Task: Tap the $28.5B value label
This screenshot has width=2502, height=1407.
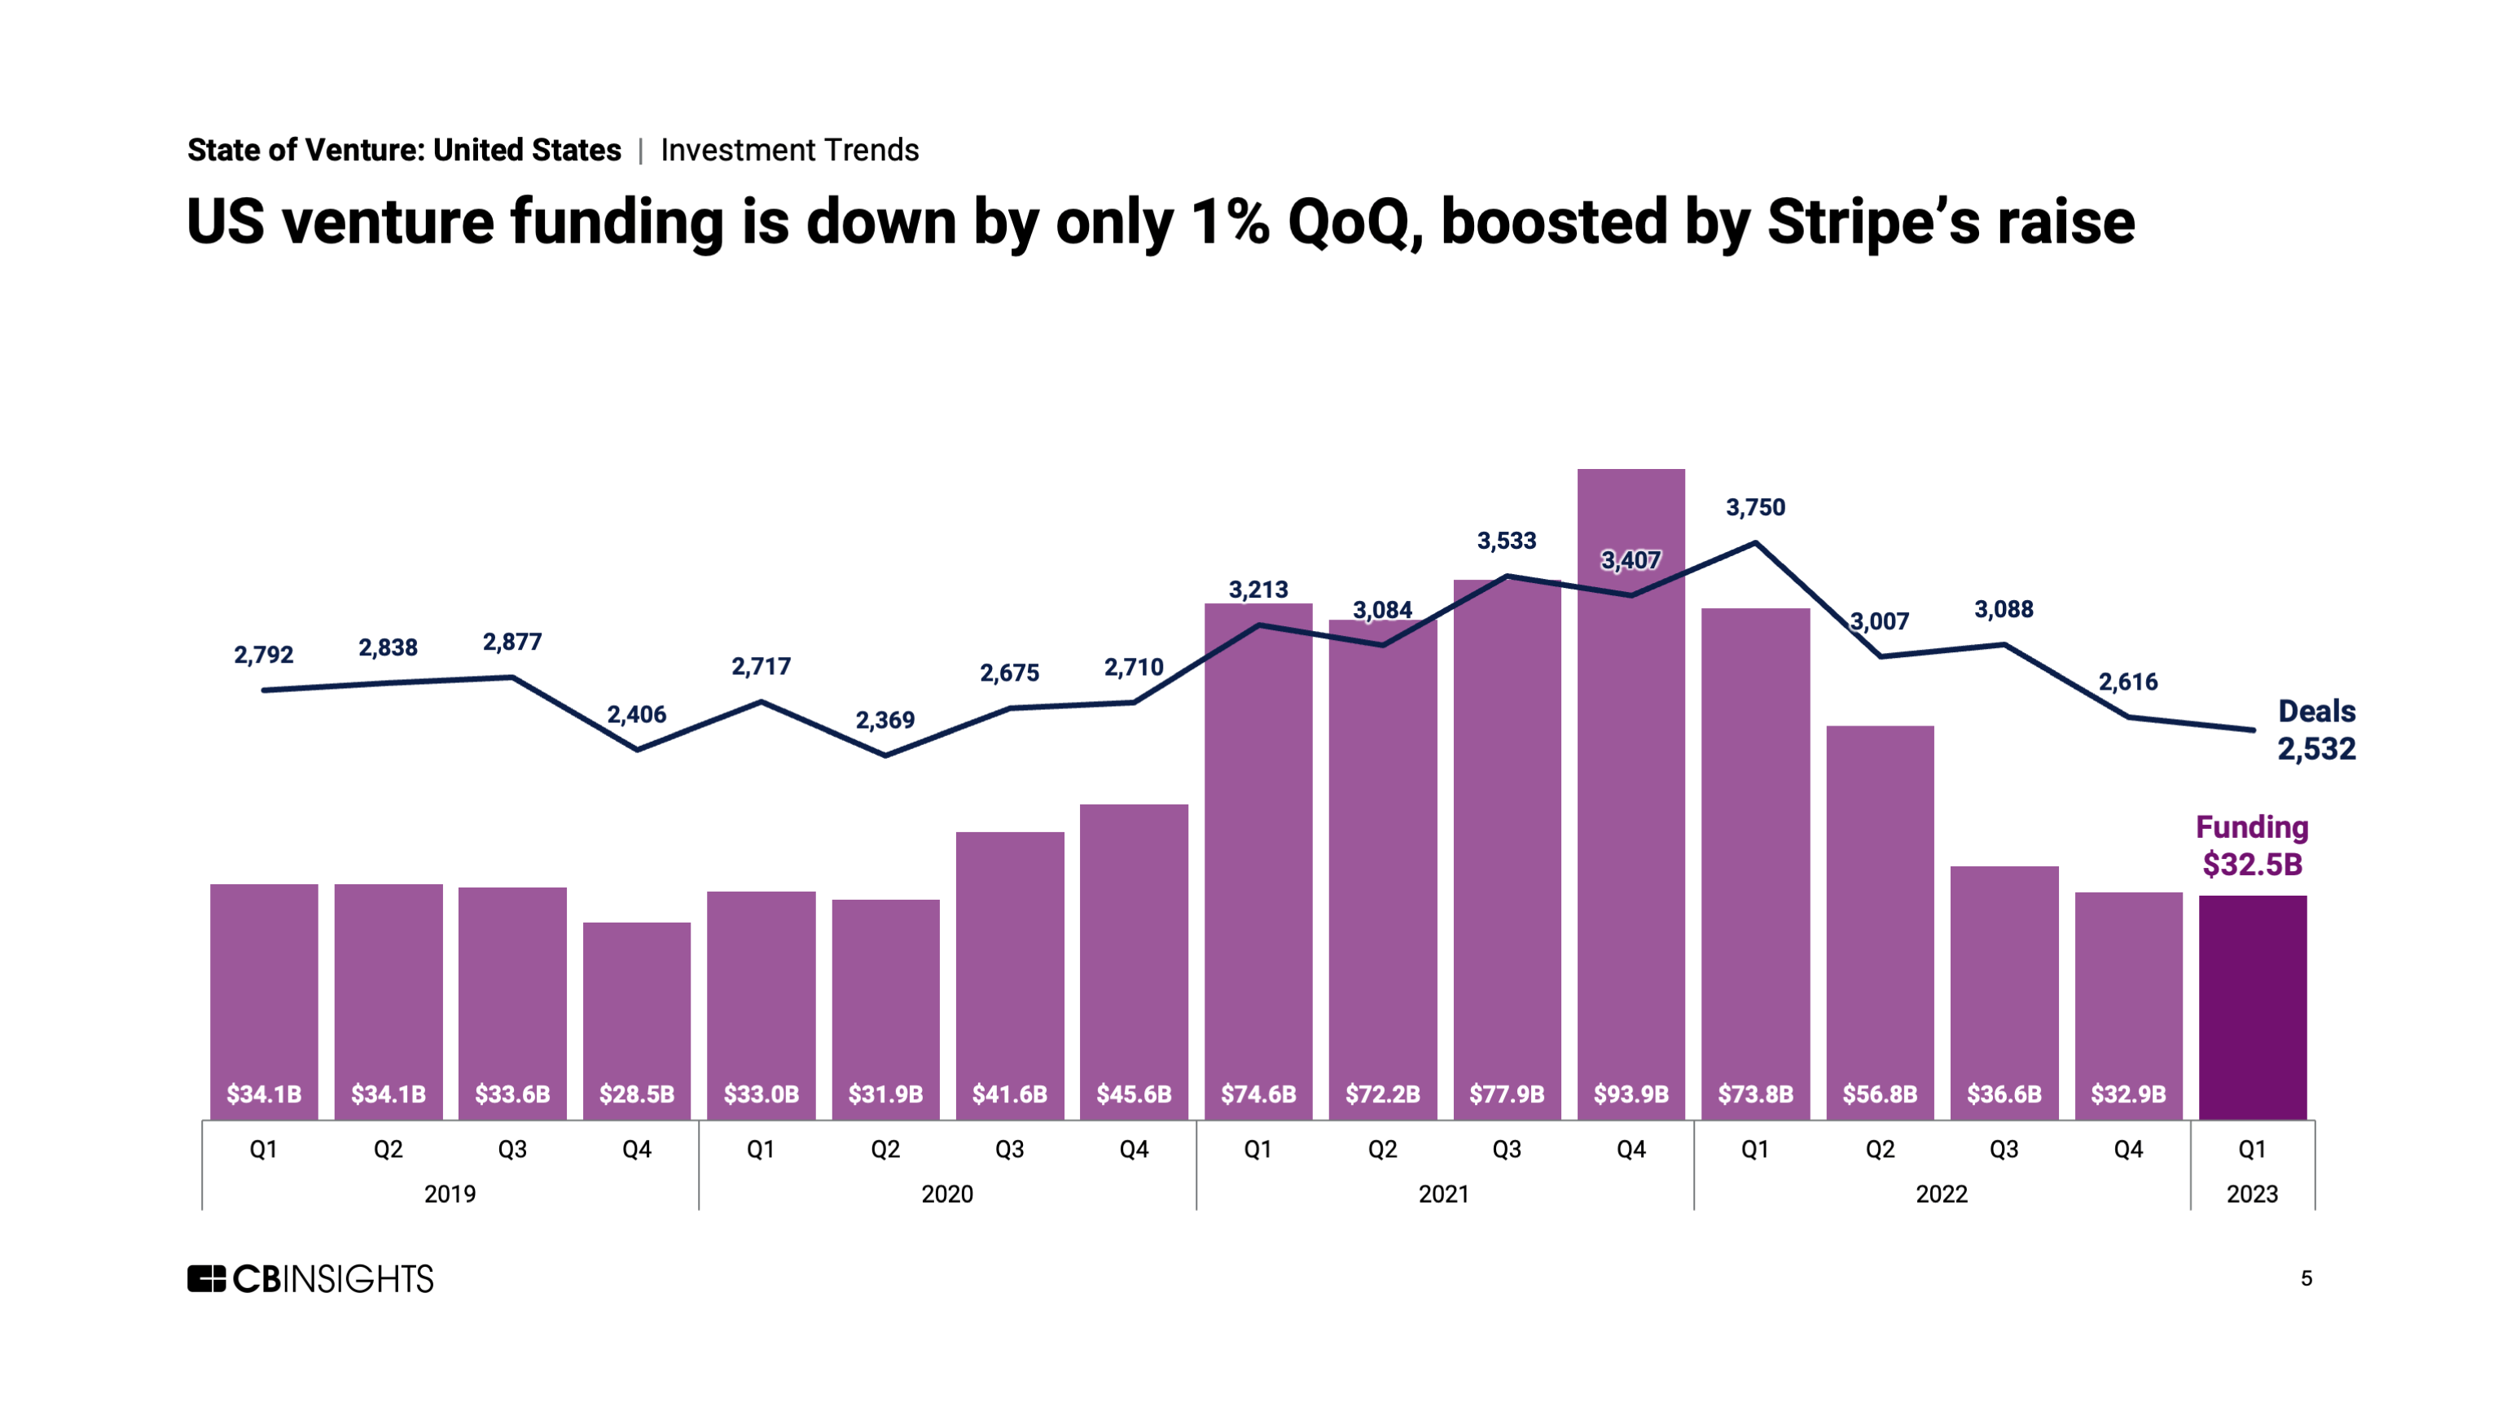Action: pyautogui.click(x=636, y=1094)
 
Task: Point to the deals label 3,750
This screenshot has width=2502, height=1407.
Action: pyautogui.click(x=1755, y=507)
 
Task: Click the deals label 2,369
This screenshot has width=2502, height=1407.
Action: pyautogui.click(x=884, y=720)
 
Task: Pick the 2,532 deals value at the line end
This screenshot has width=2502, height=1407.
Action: pyautogui.click(x=2316, y=748)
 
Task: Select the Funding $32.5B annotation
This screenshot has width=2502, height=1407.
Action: pyautogui.click(x=2251, y=846)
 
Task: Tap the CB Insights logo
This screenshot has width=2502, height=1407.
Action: pyautogui.click(x=311, y=1279)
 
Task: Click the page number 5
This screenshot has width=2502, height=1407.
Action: pyautogui.click(x=2306, y=1279)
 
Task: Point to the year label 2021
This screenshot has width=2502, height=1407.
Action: pyautogui.click(x=1443, y=1194)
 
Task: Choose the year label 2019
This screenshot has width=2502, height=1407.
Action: pyautogui.click(x=450, y=1194)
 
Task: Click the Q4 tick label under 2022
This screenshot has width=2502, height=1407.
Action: pyautogui.click(x=2127, y=1150)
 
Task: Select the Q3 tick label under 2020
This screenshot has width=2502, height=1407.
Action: pyautogui.click(x=1009, y=1150)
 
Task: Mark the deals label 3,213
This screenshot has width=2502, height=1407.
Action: pyautogui.click(x=1258, y=590)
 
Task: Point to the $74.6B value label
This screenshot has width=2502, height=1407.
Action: pyautogui.click(x=1258, y=1094)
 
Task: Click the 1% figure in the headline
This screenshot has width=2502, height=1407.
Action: pyautogui.click(x=1230, y=222)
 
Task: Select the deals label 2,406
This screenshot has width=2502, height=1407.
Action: pyautogui.click(x=636, y=715)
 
